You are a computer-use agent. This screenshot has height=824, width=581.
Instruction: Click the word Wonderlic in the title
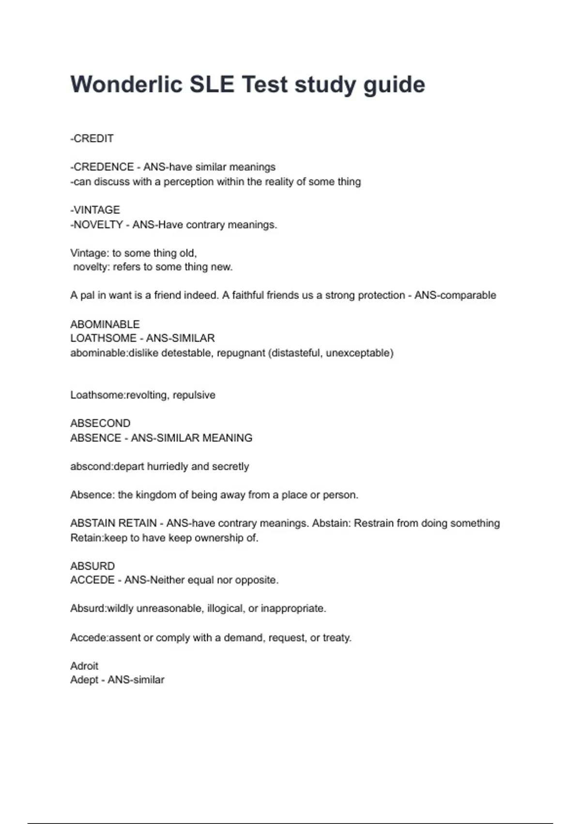click(126, 84)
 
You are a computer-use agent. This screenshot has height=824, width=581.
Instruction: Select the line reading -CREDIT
click(92, 139)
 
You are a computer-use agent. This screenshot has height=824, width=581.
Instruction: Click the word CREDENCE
click(104, 167)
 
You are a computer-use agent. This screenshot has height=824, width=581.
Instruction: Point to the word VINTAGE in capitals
click(96, 210)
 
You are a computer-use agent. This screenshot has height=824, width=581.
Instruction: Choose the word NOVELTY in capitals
click(98, 224)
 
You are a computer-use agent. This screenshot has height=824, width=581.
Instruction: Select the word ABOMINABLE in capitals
click(105, 324)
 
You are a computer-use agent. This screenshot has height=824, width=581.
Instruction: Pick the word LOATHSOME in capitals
click(103, 338)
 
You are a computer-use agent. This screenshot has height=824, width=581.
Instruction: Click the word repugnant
click(240, 353)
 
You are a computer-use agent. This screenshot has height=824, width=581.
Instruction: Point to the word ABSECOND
click(100, 423)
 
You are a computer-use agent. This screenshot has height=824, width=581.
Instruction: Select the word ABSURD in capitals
click(92, 566)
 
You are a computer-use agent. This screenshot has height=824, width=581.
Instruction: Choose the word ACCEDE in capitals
click(92, 580)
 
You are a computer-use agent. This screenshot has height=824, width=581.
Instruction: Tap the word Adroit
click(84, 666)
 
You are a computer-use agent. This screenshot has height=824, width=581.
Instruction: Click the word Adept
click(83, 680)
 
